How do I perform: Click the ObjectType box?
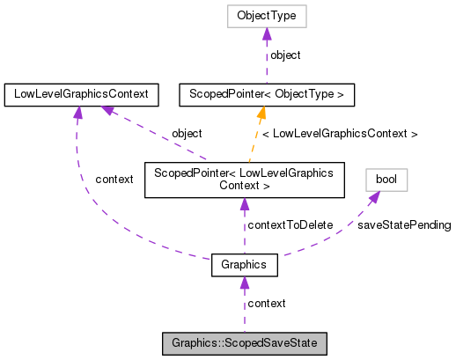[x=267, y=17]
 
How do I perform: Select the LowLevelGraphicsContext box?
[x=81, y=92]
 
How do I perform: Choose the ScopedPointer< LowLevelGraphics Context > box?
[x=244, y=180]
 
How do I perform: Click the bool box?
[x=386, y=180]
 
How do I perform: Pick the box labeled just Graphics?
[x=245, y=264]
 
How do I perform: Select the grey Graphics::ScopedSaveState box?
[x=245, y=342]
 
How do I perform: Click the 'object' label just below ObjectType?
[x=284, y=55]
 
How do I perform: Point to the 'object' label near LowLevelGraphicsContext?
[x=187, y=133]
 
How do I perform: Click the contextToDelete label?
[x=290, y=224]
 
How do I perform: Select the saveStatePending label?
[x=404, y=224]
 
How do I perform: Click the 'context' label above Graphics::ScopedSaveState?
[x=266, y=303]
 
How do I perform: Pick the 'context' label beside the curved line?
[x=114, y=180]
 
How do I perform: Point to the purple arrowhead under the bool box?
[x=374, y=197]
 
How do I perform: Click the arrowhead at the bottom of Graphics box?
[x=245, y=283]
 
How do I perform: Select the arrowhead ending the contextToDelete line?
[x=245, y=204]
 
